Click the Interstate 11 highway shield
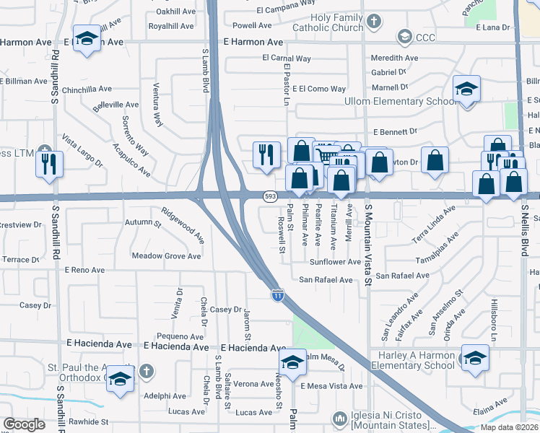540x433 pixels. (278, 294)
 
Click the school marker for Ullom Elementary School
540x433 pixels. (466, 89)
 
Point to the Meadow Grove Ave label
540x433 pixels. (166, 256)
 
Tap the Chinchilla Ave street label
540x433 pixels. (87, 89)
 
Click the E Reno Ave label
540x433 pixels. (84, 270)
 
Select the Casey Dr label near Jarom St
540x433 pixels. (225, 309)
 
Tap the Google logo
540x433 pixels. (25, 424)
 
